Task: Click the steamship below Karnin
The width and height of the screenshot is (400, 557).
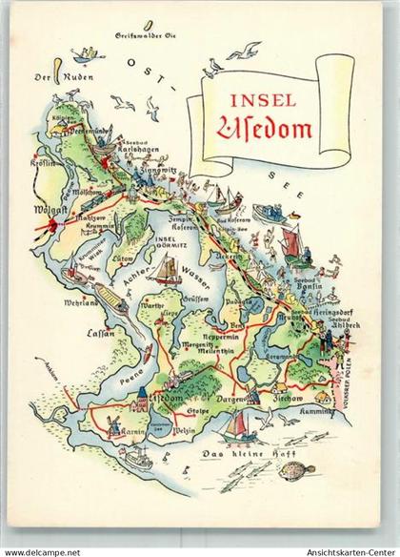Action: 135,459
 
